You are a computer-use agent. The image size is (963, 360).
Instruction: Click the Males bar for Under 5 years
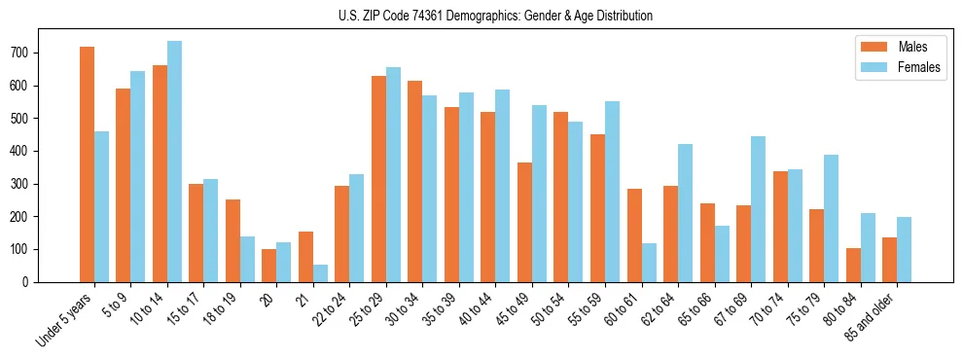(x=87, y=164)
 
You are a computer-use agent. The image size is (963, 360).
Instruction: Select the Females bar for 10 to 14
(x=174, y=162)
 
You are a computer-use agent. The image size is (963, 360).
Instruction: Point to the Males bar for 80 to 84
(x=853, y=265)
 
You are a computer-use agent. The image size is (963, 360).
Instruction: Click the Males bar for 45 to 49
(x=524, y=222)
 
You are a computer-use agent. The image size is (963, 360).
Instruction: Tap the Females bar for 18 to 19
(x=247, y=259)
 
